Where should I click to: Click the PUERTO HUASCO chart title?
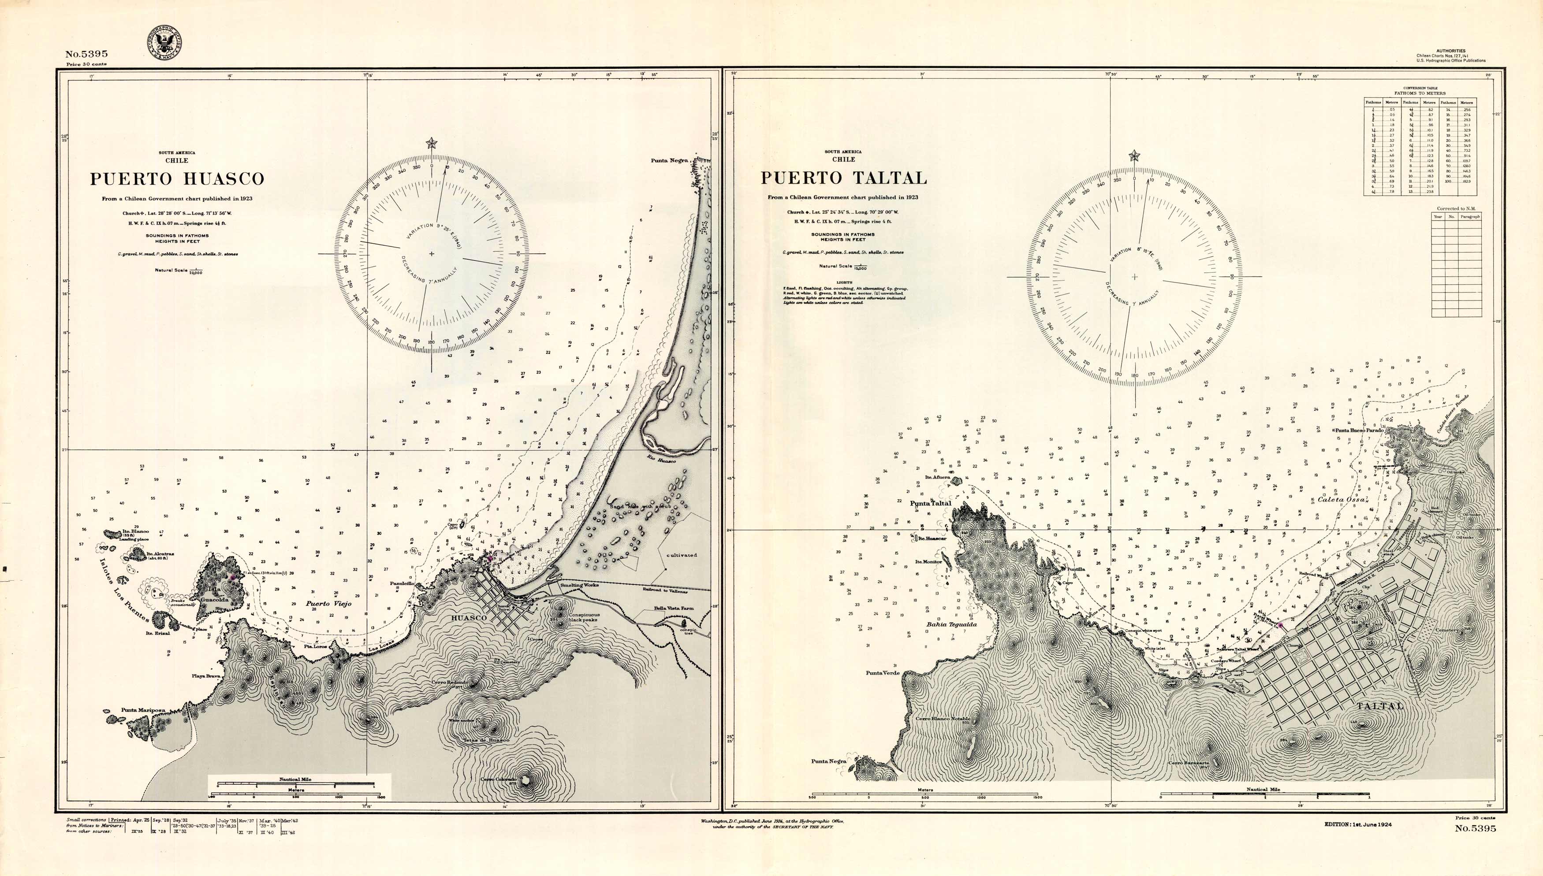click(x=177, y=179)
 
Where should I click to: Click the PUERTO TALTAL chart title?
click(x=843, y=178)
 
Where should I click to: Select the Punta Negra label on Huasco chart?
click(x=669, y=161)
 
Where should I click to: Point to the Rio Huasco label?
click(x=661, y=460)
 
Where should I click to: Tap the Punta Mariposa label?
click(x=143, y=710)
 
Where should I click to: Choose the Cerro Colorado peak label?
click(x=499, y=779)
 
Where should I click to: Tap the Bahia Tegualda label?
click(x=951, y=624)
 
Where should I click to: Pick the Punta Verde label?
click(x=883, y=672)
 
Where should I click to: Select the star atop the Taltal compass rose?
click(x=1134, y=156)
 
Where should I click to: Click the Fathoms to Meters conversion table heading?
click(x=1420, y=93)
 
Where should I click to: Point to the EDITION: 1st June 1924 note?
click(x=1358, y=824)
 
